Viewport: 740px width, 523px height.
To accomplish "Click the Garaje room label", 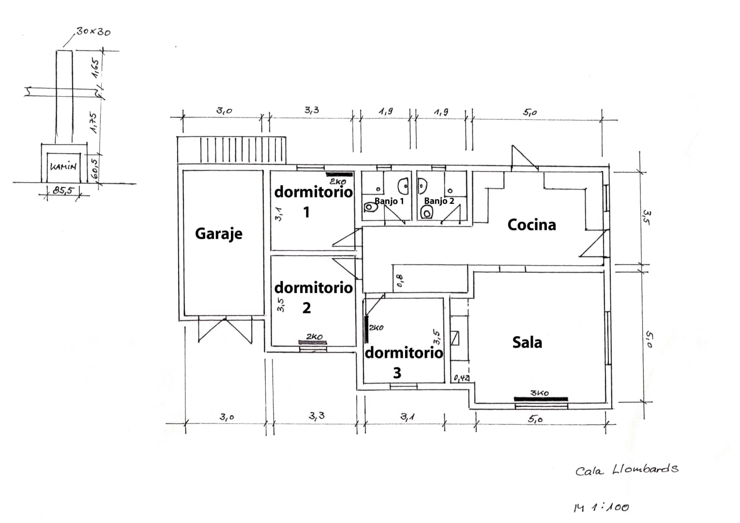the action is [x=219, y=234].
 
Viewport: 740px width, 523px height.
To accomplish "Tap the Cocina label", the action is [x=531, y=225].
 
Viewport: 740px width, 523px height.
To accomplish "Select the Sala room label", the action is [x=527, y=342].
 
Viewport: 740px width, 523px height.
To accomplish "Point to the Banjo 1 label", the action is [x=389, y=201].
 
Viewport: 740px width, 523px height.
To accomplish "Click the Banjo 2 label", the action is [x=439, y=200].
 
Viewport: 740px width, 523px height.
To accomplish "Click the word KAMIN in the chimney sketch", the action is [x=63, y=166].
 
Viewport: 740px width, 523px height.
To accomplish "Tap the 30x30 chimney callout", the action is [x=93, y=32].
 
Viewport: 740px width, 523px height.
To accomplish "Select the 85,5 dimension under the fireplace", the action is [x=64, y=190].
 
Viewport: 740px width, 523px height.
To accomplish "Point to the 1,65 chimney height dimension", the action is [x=95, y=68].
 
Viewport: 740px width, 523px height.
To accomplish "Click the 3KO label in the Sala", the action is [x=539, y=393].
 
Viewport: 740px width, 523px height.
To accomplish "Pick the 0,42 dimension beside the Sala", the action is [x=462, y=378].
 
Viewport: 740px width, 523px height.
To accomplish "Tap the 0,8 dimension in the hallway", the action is [x=399, y=280].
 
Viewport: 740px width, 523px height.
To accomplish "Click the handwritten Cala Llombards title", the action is [x=627, y=469].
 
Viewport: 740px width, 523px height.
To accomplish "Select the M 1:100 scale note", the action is [x=601, y=507].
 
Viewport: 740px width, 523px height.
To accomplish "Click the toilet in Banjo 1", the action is [x=371, y=207].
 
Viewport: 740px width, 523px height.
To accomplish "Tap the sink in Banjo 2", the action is [x=423, y=186].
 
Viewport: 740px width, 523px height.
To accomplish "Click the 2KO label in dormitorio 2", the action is [x=314, y=337].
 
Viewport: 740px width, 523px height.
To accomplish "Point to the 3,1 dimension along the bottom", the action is [x=408, y=417].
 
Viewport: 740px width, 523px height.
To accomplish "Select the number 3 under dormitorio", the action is [x=397, y=373].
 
